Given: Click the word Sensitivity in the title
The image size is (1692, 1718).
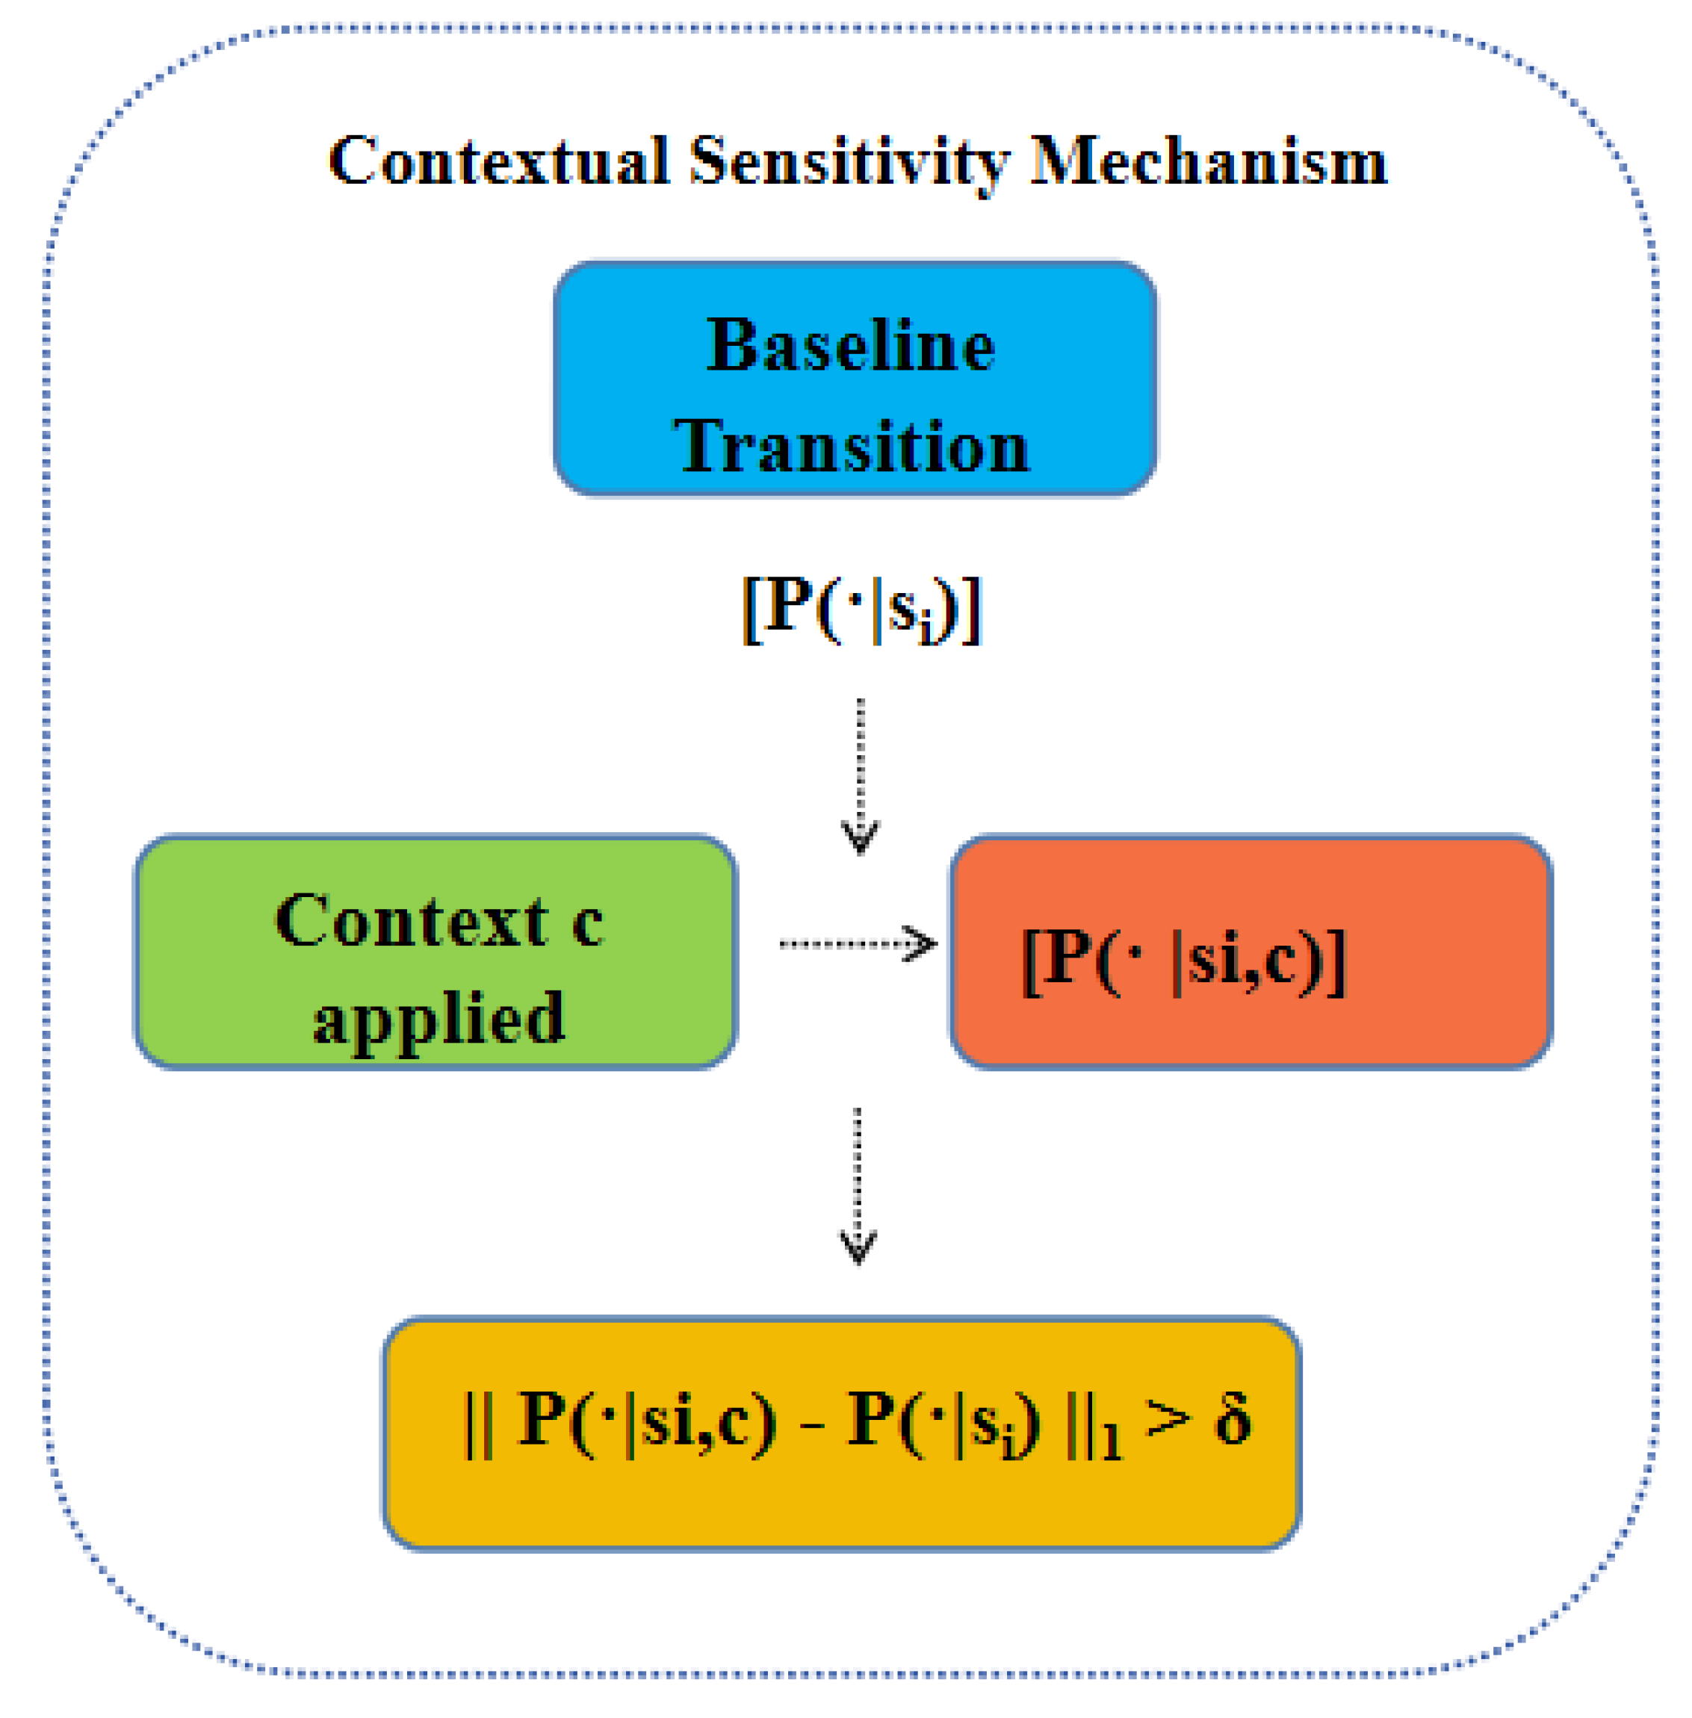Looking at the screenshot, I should coord(849,162).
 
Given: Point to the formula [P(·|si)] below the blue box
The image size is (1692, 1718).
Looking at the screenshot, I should coord(861,609).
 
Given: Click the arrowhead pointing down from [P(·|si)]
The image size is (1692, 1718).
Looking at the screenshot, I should coord(859,837).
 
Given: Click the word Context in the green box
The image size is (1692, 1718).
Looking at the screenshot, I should coord(411,921).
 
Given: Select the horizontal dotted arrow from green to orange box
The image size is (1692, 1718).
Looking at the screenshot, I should coord(856,943).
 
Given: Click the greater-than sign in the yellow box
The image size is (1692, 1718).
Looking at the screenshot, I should coord(1168,1418).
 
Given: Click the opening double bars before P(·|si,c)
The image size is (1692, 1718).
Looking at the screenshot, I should coord(477,1422).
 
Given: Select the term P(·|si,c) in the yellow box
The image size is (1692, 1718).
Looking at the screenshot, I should coord(646,1420).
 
